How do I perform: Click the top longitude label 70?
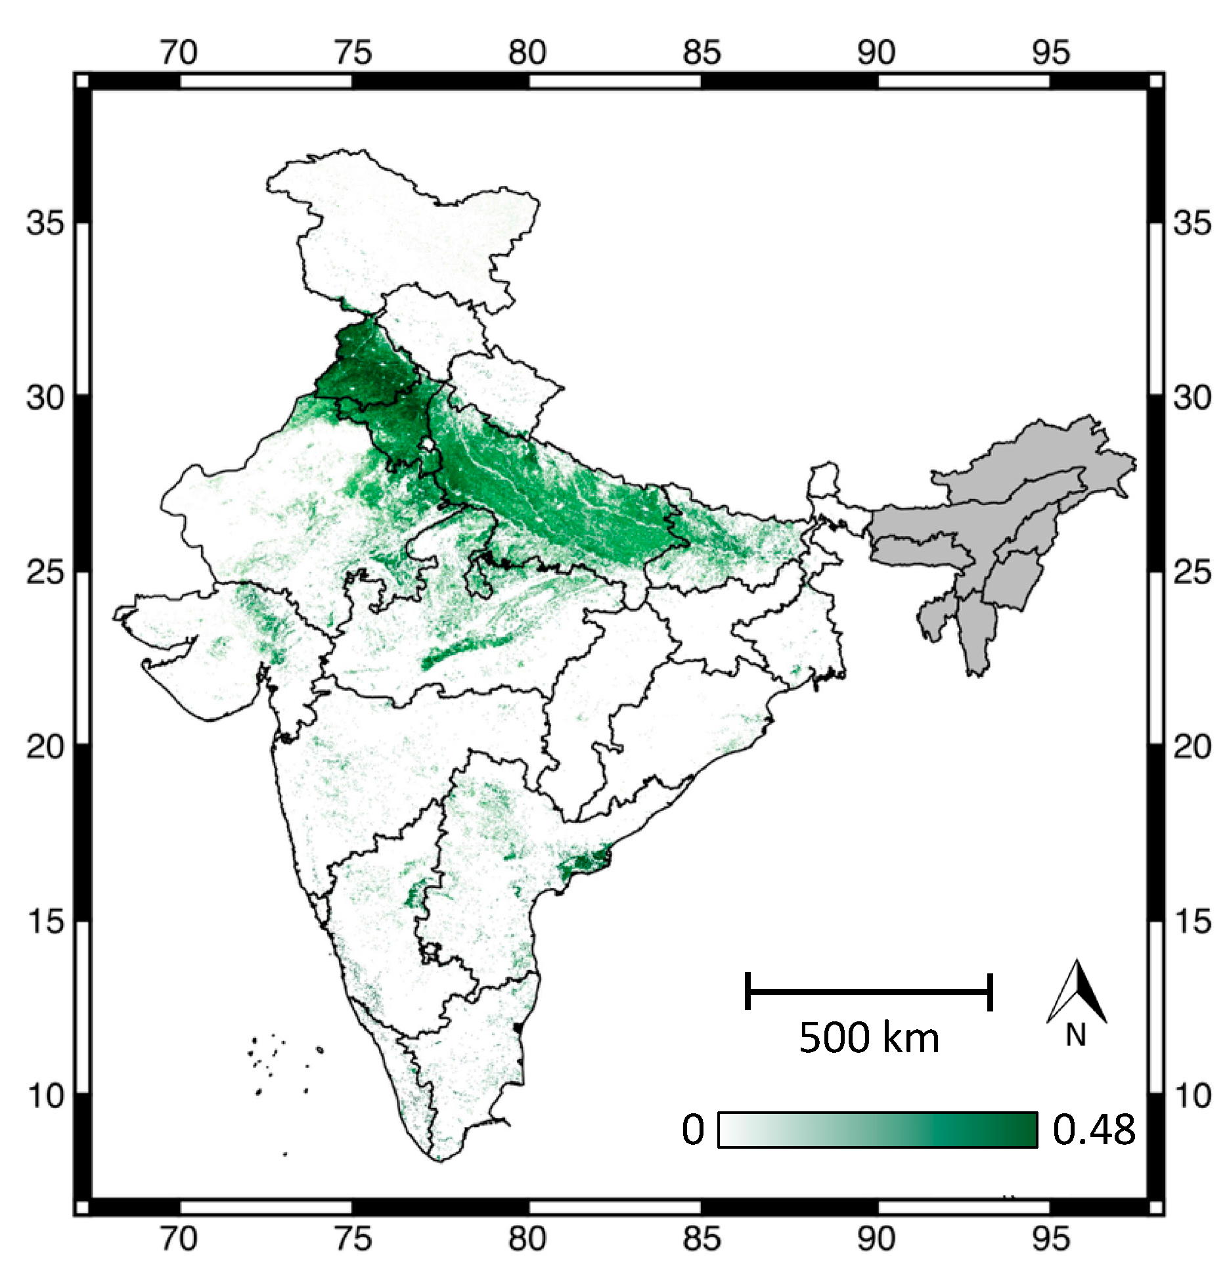coord(179,53)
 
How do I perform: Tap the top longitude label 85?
coord(702,53)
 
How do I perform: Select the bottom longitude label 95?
coord(1050,1239)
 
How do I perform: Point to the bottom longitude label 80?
coord(527,1239)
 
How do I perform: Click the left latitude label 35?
coord(45,223)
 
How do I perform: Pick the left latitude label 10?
coord(45,1096)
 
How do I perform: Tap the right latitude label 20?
coord(1192,747)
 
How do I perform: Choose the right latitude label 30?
coord(1192,398)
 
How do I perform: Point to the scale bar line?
coord(868,991)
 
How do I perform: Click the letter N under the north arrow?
coord(1075,1036)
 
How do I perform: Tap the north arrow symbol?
coord(1077,992)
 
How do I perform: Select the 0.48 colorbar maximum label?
coord(1094,1130)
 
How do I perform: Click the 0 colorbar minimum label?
coord(693,1130)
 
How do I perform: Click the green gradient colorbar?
coord(878,1130)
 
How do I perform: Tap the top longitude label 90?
coord(876,53)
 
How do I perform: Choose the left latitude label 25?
coord(45,573)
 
